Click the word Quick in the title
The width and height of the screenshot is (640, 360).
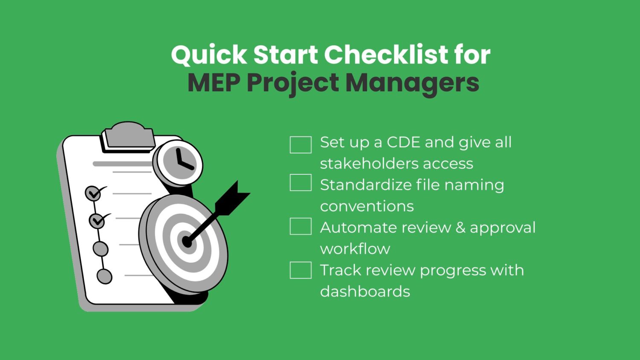[209, 55]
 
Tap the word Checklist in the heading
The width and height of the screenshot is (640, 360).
[386, 54]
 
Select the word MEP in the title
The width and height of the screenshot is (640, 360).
[214, 83]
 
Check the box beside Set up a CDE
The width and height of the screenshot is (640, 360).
[300, 145]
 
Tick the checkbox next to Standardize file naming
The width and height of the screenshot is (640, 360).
[300, 183]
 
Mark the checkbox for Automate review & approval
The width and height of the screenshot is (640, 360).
[300, 226]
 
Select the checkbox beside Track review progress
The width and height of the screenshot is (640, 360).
[300, 270]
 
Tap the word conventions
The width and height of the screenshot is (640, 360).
[367, 206]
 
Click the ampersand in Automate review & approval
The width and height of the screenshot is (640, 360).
[460, 228]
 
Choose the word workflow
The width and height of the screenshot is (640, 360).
[355, 249]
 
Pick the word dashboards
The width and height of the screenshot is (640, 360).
[365, 291]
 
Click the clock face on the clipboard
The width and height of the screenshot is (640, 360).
[179, 163]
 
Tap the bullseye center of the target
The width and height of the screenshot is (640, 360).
[187, 242]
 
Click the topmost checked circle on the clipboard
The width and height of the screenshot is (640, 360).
[93, 193]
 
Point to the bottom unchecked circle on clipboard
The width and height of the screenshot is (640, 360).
[104, 276]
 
